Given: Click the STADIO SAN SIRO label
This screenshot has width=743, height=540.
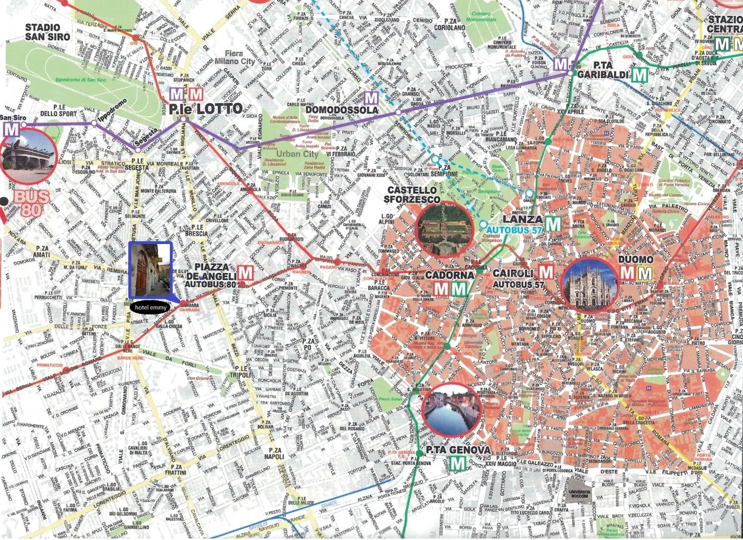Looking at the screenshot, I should click(x=47, y=32).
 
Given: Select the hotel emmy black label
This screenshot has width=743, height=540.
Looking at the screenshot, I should click(x=150, y=307).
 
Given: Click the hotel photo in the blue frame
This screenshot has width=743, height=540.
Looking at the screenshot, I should click(x=151, y=270).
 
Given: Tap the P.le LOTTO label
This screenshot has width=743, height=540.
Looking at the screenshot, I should click(x=206, y=109).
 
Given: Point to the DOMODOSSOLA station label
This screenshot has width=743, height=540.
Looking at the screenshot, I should click(x=342, y=110).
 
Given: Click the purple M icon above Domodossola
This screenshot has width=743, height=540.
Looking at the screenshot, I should click(x=371, y=98).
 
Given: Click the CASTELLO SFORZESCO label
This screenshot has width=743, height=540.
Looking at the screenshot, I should click(x=412, y=195).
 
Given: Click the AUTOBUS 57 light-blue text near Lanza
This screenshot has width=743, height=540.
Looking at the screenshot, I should click(x=514, y=230).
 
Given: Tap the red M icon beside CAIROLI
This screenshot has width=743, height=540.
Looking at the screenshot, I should click(x=546, y=272).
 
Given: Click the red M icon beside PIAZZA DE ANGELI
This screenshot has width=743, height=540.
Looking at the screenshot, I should click(x=245, y=272).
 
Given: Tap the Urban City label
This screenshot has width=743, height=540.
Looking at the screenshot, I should click(x=297, y=154).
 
